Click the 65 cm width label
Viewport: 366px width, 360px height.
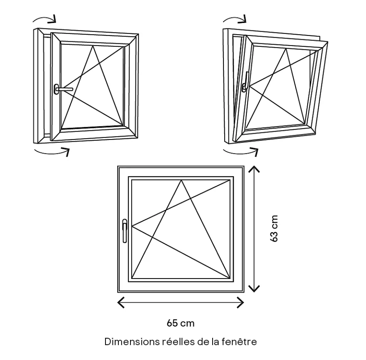181,323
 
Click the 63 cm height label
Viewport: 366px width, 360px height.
274,229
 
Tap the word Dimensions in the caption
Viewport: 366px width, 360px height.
132,342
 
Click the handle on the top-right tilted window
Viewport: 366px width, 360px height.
246,83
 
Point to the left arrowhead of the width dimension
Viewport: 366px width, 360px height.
119,302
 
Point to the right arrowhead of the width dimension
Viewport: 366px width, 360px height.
243,302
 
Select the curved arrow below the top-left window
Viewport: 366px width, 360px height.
52,151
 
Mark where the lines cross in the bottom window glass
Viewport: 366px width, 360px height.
167,211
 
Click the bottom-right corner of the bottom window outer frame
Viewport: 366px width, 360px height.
244,292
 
